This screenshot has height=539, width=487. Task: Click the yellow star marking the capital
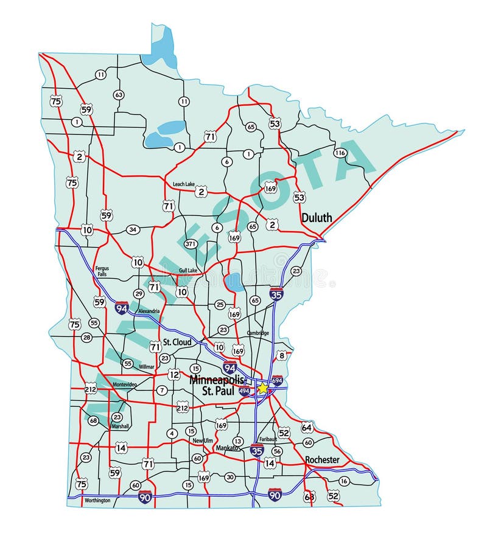click(262, 388)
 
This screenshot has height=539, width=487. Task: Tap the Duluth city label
click(317, 217)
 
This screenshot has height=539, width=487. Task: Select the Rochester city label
click(322, 460)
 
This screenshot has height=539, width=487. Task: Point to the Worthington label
click(97, 500)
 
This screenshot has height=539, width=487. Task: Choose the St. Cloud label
click(177, 343)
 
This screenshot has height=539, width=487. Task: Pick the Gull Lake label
click(188, 270)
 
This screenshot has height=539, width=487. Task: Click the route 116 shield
click(340, 153)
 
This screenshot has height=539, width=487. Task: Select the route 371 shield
click(191, 244)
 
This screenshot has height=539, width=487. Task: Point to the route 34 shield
click(133, 229)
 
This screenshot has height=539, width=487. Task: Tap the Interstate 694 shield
click(278, 381)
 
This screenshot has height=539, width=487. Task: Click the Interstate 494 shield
click(244, 392)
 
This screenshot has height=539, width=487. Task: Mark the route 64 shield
click(306, 428)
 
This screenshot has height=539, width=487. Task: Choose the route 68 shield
click(93, 420)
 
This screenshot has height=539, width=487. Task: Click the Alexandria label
click(149, 311)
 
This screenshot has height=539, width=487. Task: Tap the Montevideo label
click(125, 385)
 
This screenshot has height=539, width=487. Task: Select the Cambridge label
click(258, 333)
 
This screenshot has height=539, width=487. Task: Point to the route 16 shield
click(344, 481)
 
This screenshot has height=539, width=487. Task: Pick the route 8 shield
click(281, 355)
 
